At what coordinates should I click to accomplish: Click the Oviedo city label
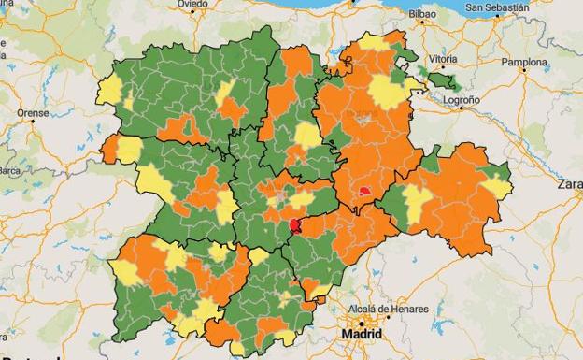pos(192,5)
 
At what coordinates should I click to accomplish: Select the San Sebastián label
pos(498,7)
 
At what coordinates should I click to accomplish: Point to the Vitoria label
pos(443,58)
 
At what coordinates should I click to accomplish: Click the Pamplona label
pos(524,64)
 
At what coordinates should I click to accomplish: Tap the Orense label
pos(33,113)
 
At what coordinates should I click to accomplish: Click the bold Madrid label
pos(362,334)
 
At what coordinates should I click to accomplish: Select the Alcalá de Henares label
pos(388,310)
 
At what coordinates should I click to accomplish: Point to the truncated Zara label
pos(569,184)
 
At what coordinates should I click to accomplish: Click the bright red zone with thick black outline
pos(296,225)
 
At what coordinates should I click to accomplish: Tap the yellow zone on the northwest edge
pos(109,91)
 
